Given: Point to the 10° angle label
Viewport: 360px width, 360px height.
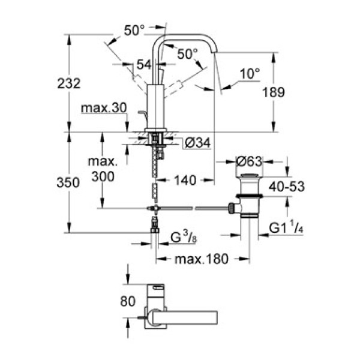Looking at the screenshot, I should (250, 74).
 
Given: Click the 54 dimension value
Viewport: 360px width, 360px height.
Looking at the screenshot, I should (143, 65).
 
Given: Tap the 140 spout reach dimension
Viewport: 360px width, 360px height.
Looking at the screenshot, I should (186, 180).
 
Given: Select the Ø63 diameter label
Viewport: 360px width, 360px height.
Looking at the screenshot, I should (248, 161).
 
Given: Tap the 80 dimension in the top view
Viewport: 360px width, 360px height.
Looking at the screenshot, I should (128, 302).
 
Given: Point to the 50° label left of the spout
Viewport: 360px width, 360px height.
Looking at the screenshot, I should (134, 29).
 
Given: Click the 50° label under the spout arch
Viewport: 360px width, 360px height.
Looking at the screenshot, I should (187, 53).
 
